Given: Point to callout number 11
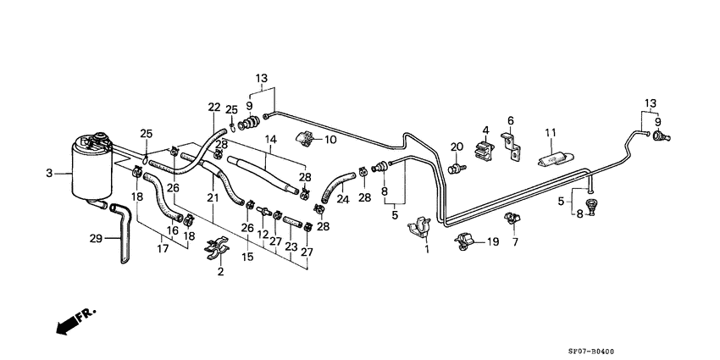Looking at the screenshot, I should (550, 133).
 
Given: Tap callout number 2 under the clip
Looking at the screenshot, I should (220, 271).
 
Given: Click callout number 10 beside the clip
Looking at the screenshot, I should (330, 139).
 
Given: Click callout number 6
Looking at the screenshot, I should (511, 120).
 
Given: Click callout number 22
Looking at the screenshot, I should (213, 107).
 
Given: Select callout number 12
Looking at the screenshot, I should (263, 234).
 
